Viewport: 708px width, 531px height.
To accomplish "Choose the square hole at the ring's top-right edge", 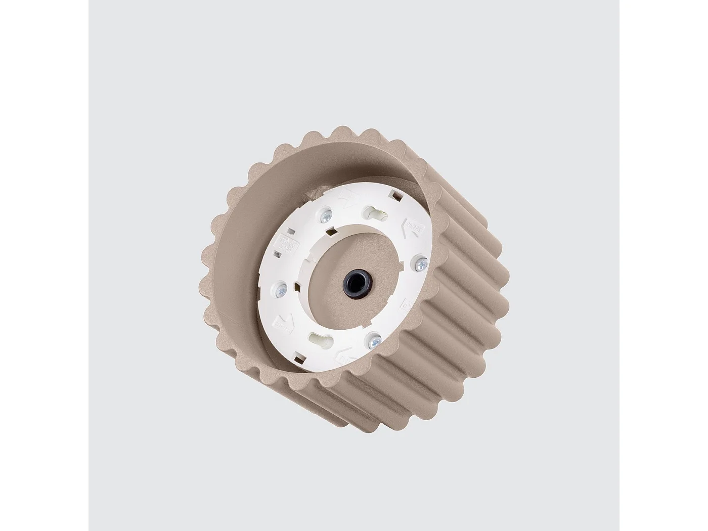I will tap(395, 194).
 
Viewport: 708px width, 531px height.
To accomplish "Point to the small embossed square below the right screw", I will tap(405, 304).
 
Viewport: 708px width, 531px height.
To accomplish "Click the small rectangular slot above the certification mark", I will tap(290, 231).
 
